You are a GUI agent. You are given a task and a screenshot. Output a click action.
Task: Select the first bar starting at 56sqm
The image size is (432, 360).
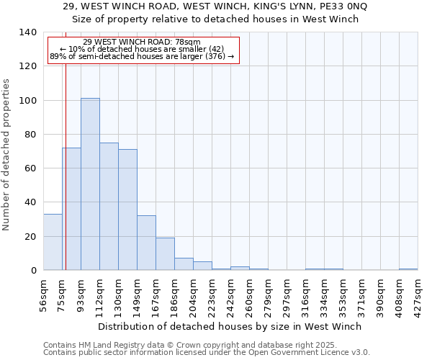pyautogui.click(x=53, y=242)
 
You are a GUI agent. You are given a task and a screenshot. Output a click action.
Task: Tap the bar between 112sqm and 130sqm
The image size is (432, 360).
pyautogui.click(x=109, y=207)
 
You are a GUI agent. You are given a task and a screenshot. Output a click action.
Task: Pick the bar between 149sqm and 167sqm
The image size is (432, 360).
pyautogui.click(x=146, y=243)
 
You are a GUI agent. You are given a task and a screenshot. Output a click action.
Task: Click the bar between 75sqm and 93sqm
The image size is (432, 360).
pyautogui.click(x=71, y=209)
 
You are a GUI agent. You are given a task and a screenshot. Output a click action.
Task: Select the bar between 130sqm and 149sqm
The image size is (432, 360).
pyautogui.click(x=127, y=210)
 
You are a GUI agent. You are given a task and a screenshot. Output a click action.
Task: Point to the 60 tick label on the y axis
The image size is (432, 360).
pyautogui.click(x=30, y=168)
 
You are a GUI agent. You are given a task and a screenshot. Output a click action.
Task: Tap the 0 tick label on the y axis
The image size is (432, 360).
pyautogui.click(x=33, y=271)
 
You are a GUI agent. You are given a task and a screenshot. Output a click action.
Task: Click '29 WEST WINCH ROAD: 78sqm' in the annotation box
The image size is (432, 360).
pyautogui.click(x=142, y=42)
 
